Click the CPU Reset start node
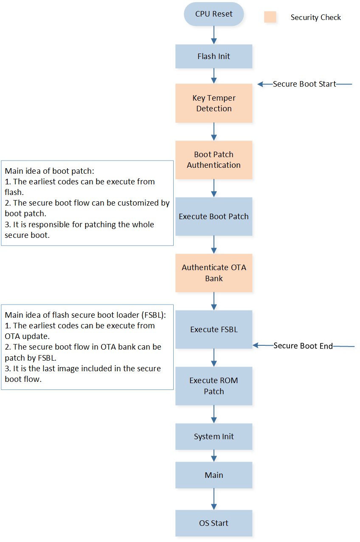pyautogui.click(x=214, y=14)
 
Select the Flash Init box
pyautogui.click(x=214, y=56)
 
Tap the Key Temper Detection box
pyautogui.click(x=214, y=103)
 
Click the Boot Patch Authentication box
pyautogui.click(x=214, y=160)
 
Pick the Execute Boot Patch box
pyautogui.click(x=214, y=216)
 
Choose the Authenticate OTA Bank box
pyautogui.click(x=214, y=273)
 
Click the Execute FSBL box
pyautogui.click(x=214, y=329)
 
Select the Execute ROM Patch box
pyautogui.click(x=214, y=386)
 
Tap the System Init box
pyautogui.click(x=214, y=436)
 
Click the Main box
pyautogui.click(x=214, y=475)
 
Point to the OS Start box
pyautogui.click(x=214, y=523)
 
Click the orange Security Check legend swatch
pyautogui.click(x=270, y=17)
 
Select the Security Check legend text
pyautogui.click(x=315, y=17)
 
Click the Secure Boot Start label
pyautogui.click(x=304, y=84)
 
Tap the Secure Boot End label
pyautogui.click(x=303, y=346)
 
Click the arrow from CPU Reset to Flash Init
pyautogui.click(x=214, y=35)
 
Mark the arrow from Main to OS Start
pyautogui.click(x=214, y=499)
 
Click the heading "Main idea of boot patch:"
pyautogui.click(x=49, y=171)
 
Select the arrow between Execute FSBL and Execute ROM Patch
pyautogui.click(x=214, y=358)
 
